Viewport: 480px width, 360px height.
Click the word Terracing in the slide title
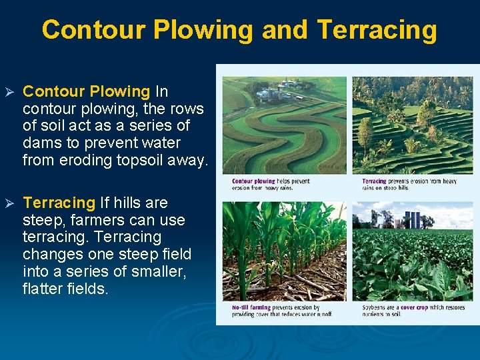(377, 30)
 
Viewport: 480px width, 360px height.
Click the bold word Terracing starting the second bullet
(59, 203)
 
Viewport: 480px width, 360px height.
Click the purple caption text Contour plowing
(253, 181)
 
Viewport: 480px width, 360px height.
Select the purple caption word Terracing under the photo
(374, 181)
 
